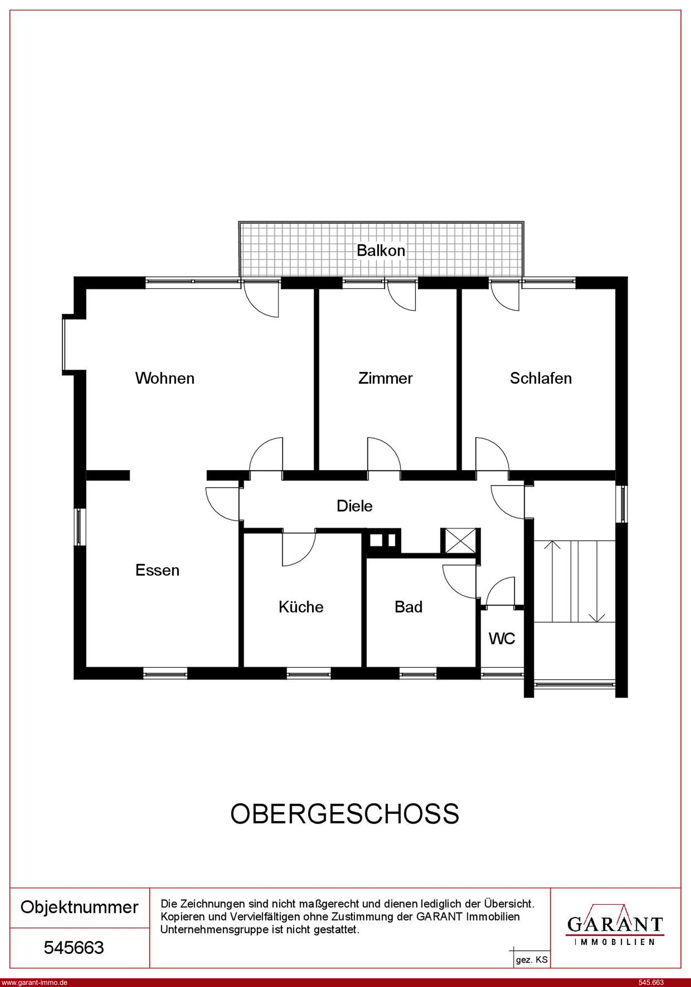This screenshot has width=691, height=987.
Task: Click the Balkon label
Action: [x=381, y=251]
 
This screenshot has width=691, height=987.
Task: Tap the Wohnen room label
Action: [x=165, y=378]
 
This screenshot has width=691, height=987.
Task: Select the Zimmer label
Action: [x=385, y=378]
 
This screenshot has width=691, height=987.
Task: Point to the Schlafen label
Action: [x=541, y=378]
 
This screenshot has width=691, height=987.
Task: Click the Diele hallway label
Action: [x=354, y=506]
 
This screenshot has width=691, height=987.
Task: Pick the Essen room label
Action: [x=157, y=570]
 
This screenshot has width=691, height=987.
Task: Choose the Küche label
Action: [x=301, y=607]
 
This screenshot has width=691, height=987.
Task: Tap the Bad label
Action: [x=409, y=607]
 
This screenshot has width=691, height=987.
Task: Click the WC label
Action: [x=502, y=639]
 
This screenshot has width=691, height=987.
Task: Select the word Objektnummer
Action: [x=80, y=907]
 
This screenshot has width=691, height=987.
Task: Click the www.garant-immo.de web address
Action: [x=34, y=982]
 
